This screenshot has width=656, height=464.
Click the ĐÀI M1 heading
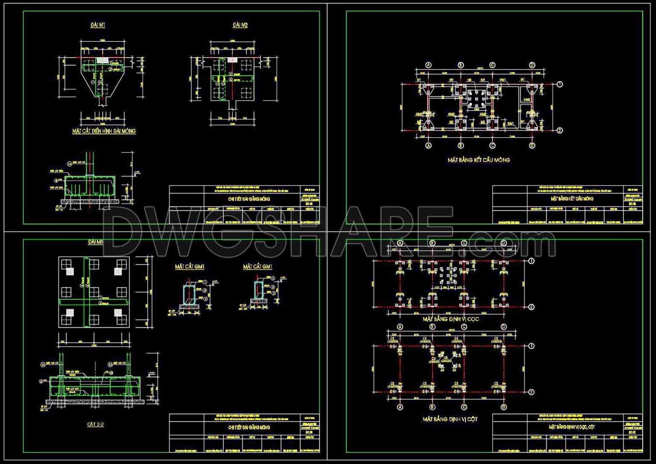coord(98,25)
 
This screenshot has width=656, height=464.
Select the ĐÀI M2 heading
coord(240,25)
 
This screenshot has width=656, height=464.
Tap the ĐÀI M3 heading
coord(96,242)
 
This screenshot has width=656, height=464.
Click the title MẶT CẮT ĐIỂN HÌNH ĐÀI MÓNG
coord(104,131)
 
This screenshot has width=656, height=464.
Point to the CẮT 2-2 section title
coord(95,424)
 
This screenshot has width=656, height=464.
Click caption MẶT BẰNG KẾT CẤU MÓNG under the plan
coord(478,160)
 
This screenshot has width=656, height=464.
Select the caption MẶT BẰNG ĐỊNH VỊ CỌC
coord(451,319)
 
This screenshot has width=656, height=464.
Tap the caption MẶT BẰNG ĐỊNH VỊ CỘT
coord(450,419)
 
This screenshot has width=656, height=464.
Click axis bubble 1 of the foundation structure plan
coord(559,85)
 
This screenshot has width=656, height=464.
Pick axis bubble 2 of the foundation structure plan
coord(559,131)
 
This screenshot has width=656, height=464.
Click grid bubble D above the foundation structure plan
coord(532,65)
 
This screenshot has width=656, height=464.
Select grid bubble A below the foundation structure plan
coord(429,146)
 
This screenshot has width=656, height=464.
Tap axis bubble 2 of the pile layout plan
coord(532,307)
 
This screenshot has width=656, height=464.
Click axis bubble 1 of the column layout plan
coord(532,346)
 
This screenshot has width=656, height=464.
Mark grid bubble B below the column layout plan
coord(432,407)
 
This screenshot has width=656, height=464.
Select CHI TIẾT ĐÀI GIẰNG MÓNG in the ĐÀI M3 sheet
coord(249,427)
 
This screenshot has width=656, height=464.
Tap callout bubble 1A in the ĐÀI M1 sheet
coord(69,163)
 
